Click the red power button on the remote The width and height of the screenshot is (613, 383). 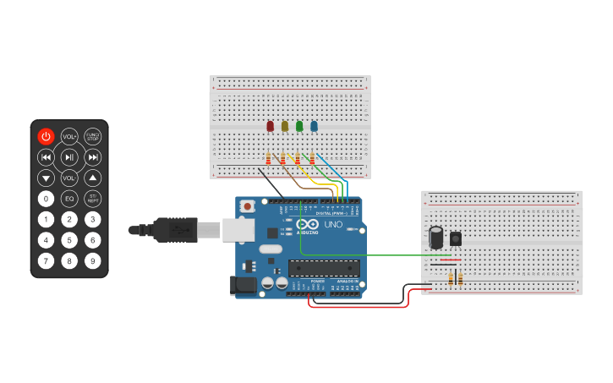click(x=46, y=136)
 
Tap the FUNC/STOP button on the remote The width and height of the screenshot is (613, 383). click(x=92, y=136)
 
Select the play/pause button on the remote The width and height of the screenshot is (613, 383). click(x=69, y=157)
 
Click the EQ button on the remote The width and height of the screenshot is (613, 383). click(x=69, y=199)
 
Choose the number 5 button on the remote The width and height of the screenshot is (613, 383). click(x=69, y=240)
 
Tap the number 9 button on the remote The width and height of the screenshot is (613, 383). click(x=92, y=261)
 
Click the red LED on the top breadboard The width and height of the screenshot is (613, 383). click(x=271, y=126)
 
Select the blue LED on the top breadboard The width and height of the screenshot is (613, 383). click(x=314, y=126)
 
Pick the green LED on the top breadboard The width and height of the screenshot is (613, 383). click(x=299, y=126)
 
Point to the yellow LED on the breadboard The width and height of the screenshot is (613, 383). click(x=285, y=126)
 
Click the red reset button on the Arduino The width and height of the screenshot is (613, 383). click(x=247, y=205)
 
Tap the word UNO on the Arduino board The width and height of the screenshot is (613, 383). click(x=333, y=226)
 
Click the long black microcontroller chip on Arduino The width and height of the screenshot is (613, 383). click(x=324, y=268)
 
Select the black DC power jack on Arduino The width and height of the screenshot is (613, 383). click(x=244, y=286)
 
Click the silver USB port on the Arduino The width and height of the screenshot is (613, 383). click(x=238, y=229)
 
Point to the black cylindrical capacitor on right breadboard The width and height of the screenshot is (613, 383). click(x=436, y=237)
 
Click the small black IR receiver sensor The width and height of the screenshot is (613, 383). click(x=456, y=238)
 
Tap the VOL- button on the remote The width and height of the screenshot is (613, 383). click(x=69, y=178)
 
